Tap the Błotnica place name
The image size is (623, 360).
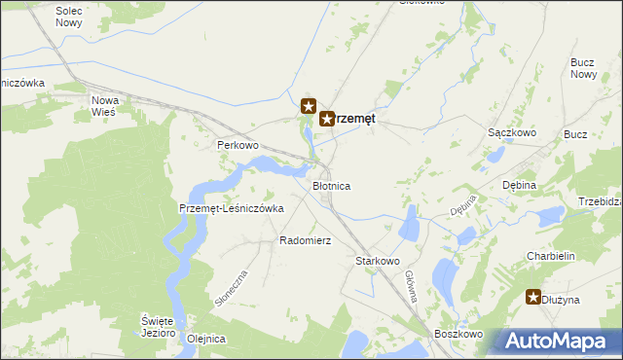click(331, 185)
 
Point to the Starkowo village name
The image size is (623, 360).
click(379, 261)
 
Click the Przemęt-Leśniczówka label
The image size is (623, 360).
click(231, 208)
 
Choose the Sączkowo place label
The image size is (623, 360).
click(507, 131)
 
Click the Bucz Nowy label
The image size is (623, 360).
click(583, 68)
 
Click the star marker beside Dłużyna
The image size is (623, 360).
click(533, 299)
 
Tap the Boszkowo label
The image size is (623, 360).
click(459, 334)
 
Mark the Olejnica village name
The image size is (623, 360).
click(206, 339)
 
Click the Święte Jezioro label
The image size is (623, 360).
click(157, 326)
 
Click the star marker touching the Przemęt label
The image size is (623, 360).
click(327, 119)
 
